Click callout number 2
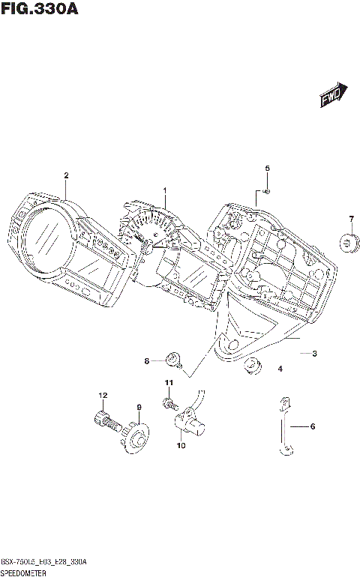tap(66, 175)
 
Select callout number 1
tap(166, 190)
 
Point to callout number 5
tap(267, 169)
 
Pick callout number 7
tap(350, 218)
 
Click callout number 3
tap(315, 352)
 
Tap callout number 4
tap(280, 369)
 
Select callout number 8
tap(148, 361)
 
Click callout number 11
tap(169, 383)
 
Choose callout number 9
tap(139, 407)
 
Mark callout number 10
tap(180, 446)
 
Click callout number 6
tap(313, 426)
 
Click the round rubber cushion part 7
tap(349, 242)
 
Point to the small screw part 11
tap(167, 403)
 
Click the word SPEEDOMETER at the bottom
tap(25, 572)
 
